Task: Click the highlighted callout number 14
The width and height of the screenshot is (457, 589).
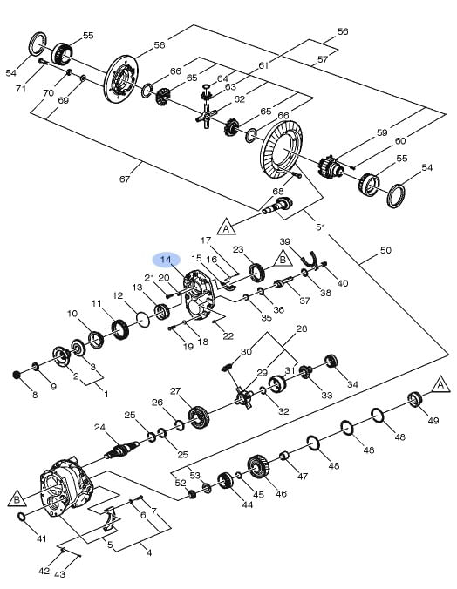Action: pyautogui.click(x=166, y=260)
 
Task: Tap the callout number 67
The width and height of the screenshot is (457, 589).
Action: pyautogui.click(x=125, y=179)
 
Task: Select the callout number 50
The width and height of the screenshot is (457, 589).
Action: pyautogui.click(x=385, y=250)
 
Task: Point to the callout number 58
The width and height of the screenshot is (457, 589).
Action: pyautogui.click(x=160, y=45)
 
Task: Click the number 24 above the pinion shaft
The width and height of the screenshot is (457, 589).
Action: pyautogui.click(x=99, y=427)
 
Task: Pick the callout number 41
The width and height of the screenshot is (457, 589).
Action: pyautogui.click(x=41, y=538)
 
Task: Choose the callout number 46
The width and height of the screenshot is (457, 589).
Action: pyautogui.click(x=281, y=493)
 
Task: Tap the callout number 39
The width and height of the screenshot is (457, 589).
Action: pyautogui.click(x=284, y=241)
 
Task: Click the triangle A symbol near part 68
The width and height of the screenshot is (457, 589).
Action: pyautogui.click(x=226, y=227)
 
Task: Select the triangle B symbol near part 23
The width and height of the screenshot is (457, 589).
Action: pyautogui.click(x=283, y=259)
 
